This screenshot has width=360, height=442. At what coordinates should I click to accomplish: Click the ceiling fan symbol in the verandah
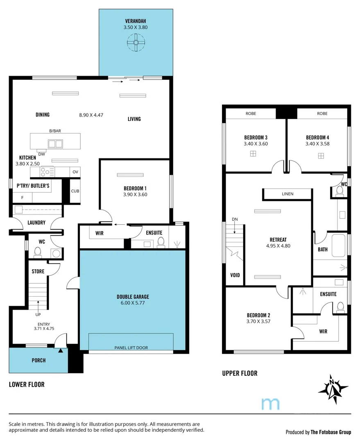135,42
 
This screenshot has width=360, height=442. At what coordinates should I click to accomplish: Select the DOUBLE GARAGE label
133,297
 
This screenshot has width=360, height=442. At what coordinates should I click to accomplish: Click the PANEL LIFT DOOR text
131,348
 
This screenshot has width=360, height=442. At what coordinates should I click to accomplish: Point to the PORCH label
38,361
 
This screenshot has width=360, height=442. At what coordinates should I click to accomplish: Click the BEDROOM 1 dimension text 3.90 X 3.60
135,195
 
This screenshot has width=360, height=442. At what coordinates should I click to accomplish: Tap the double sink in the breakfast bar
55,144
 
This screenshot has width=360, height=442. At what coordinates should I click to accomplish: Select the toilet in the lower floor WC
38,252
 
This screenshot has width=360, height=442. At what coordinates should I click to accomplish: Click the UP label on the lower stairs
38,315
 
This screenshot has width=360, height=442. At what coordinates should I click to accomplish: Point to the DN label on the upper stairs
235,219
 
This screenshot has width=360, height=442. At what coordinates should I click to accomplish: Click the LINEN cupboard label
288,194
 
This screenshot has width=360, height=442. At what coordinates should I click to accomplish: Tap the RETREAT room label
278,240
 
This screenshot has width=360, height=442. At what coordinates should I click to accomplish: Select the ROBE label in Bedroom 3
251,113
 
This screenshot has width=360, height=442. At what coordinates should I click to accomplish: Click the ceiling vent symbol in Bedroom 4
321,156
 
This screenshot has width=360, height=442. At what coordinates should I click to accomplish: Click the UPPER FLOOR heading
240,373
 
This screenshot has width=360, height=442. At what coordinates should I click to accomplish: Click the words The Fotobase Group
331,432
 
